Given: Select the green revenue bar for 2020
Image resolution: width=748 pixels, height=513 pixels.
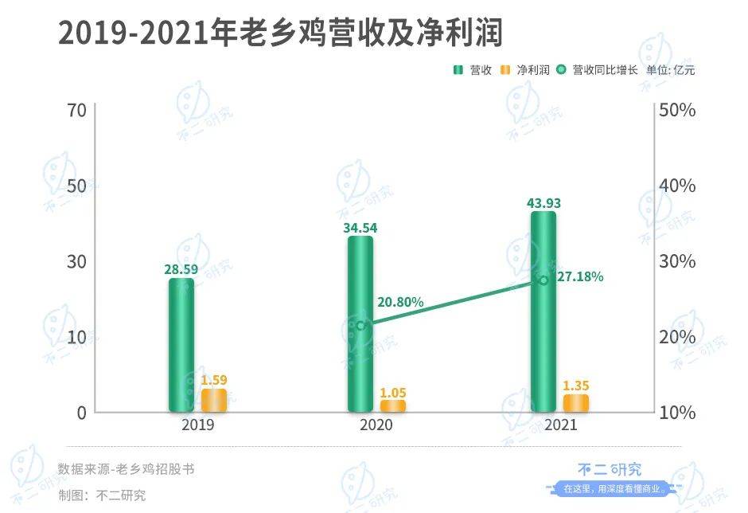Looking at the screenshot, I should tap(360, 323).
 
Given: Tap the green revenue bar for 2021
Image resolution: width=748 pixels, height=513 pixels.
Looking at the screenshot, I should tap(543, 311).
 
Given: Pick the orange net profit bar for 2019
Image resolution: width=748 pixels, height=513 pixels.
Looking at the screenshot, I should tap(213, 400).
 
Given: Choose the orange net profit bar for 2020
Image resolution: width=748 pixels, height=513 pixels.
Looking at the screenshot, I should tap(392, 405).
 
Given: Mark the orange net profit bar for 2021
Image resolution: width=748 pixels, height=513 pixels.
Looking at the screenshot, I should tap(576, 403).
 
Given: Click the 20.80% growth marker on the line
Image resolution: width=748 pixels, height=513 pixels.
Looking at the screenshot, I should tap(360, 326).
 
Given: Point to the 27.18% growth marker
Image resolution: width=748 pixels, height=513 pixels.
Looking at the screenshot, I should tap(543, 280).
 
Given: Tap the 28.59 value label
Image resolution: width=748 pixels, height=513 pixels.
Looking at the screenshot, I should tap(181, 269).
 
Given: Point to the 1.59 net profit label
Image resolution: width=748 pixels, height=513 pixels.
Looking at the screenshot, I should tap(213, 380).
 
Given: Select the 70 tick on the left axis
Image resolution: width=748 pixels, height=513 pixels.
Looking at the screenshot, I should tap(76, 110).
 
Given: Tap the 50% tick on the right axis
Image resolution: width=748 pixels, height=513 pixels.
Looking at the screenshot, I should tap(677, 110).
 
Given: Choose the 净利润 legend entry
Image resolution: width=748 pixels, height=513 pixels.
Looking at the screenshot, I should tap(524, 70).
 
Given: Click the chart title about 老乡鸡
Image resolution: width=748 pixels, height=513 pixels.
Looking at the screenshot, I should tap(282, 33).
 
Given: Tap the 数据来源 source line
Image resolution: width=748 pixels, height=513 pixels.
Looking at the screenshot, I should tap(126, 469).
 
